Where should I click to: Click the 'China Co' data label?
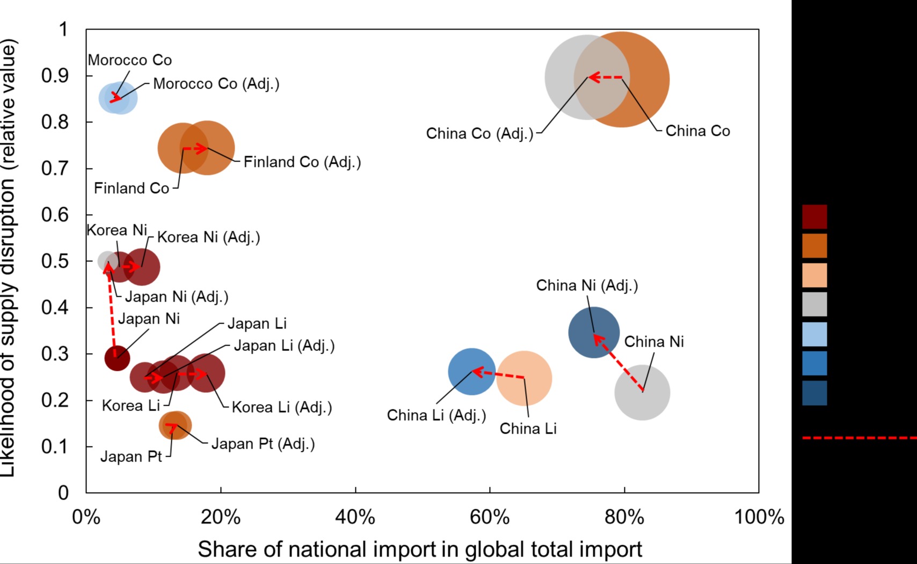[697, 131]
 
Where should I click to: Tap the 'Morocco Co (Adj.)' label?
[216, 84]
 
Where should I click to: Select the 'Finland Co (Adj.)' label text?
[302, 162]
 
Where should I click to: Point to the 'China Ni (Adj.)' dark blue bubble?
[594, 333]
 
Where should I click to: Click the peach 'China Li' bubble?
[525, 378]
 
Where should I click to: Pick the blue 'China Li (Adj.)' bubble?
[471, 371]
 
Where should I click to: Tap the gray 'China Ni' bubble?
[642, 393]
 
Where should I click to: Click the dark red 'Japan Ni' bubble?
[117, 358]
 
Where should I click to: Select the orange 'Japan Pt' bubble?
[175, 426]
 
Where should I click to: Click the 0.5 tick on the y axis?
[55, 261]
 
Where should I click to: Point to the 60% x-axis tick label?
[490, 517]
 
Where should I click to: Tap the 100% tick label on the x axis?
[759, 517]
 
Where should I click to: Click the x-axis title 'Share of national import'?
[420, 549]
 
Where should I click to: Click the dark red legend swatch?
[814, 217]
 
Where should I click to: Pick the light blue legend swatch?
[814, 334]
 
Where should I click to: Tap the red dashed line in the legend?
[859, 438]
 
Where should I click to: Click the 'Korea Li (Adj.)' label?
[282, 407]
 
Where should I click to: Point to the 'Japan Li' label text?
[257, 324]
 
